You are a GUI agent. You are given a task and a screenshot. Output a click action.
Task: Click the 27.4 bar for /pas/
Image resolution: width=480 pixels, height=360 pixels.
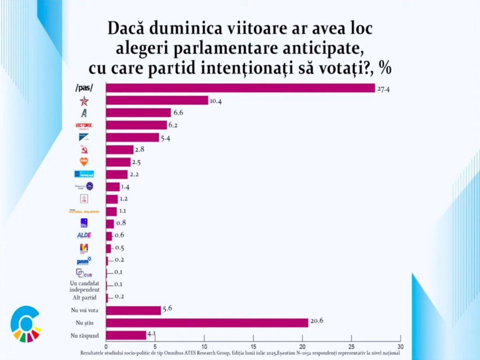coord(240,88)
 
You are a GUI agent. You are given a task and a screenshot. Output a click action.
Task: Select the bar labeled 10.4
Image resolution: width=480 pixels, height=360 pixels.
coord(157,101)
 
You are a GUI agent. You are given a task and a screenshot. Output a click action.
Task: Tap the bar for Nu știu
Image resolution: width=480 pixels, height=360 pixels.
coord(207,323)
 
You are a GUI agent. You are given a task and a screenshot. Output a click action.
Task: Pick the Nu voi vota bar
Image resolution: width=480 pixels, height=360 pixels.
coord(133,311)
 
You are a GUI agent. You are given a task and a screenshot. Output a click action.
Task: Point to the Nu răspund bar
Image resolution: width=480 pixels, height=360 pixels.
coord(126,335)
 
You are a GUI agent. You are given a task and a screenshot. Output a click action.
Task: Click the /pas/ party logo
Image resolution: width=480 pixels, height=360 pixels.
coord(84,88)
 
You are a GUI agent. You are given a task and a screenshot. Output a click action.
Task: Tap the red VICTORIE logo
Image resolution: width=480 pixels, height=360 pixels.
coord(84,125)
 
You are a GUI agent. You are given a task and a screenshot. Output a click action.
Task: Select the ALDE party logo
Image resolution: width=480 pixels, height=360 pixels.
coord(84,235)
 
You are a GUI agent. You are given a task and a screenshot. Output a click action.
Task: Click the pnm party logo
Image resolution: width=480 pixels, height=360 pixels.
coord(84,260)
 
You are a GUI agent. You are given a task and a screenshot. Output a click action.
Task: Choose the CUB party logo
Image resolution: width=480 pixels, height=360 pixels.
coord(84,272)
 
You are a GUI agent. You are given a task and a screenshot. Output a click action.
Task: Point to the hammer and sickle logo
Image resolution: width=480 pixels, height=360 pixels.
coord(84,149)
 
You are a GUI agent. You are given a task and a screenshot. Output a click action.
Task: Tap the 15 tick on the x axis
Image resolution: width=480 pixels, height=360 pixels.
coord(253,347)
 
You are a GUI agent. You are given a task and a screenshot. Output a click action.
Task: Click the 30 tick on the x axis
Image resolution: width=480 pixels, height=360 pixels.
coord(401,347)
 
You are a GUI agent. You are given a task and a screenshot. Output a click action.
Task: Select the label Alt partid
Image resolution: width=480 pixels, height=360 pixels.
coord(84,297)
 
